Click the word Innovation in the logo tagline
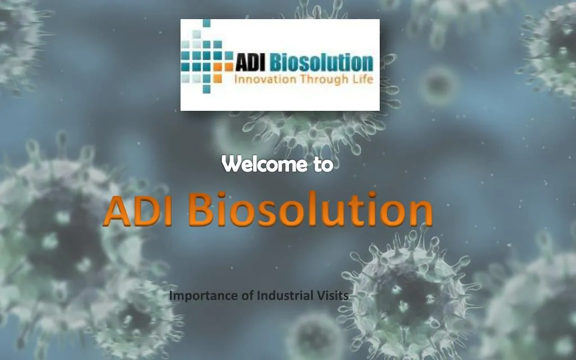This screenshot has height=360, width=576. click(265, 79)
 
